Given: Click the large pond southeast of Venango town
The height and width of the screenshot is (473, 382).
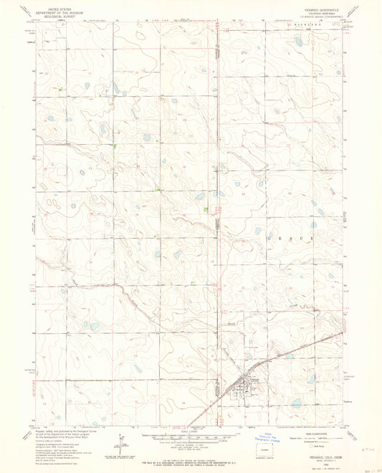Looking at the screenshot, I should pyautogui.click(x=297, y=403).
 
